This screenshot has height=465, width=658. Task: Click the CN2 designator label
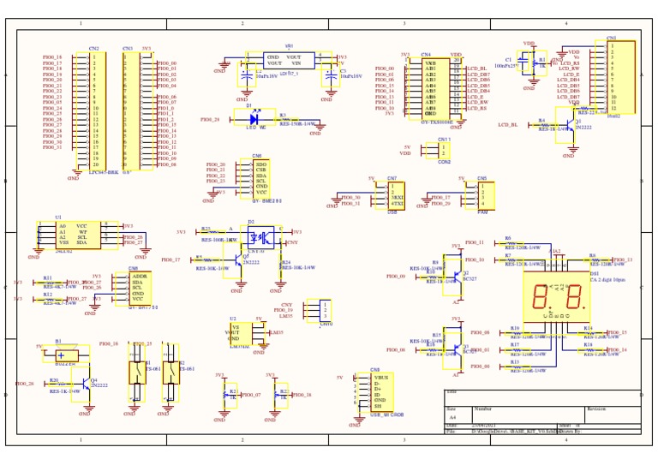pyautogui.click(x=93, y=49)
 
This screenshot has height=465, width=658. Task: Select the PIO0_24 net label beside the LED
pyautogui.click(x=210, y=121)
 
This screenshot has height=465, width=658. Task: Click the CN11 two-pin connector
pyautogui.click(x=443, y=150)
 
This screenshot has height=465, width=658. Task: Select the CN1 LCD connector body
pyautogui.click(x=620, y=77)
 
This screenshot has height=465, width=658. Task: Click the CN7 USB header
pyautogui.click(x=396, y=195)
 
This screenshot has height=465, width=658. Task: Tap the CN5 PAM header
pyautogui.click(x=482, y=195)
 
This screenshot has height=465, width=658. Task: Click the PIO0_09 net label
pyautogui.click(x=396, y=277)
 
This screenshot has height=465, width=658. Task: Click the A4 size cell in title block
pyautogui.click(x=452, y=417)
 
